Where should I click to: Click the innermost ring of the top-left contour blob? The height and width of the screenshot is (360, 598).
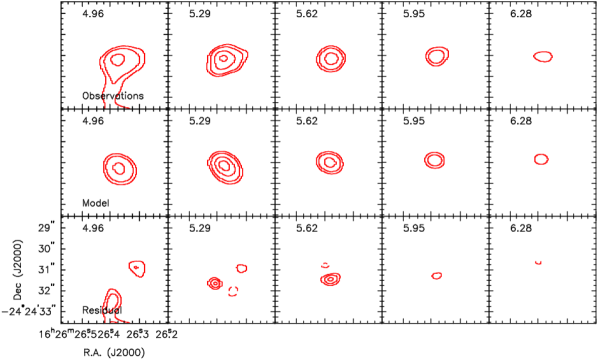118,60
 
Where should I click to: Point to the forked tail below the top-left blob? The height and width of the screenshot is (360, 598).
112,96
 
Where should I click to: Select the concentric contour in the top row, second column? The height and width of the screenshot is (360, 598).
226,60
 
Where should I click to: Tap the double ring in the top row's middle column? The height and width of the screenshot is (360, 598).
331,59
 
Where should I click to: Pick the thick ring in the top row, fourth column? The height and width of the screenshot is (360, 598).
436,56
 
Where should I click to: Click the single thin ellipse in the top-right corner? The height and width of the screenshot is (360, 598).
543,57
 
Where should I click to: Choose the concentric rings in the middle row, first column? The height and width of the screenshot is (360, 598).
119,168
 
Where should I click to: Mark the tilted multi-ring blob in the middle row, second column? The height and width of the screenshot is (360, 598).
225,166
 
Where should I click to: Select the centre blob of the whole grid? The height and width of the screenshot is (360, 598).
329,161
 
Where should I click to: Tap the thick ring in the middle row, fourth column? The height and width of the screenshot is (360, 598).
434,159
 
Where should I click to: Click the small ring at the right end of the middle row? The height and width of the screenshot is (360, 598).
541,159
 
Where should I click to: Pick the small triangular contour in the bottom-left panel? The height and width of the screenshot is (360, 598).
137,267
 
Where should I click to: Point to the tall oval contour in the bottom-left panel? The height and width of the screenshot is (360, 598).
111,302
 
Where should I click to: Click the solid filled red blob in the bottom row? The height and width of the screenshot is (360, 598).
214,283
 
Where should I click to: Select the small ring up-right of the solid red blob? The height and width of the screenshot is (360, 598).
241,268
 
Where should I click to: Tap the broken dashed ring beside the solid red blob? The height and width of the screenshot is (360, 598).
233,291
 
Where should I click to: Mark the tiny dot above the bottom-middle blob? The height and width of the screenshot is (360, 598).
325,265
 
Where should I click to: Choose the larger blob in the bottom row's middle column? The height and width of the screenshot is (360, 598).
330,279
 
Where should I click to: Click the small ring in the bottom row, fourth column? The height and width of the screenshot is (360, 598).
436,275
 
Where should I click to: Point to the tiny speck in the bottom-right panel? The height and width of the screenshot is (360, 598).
538,262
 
